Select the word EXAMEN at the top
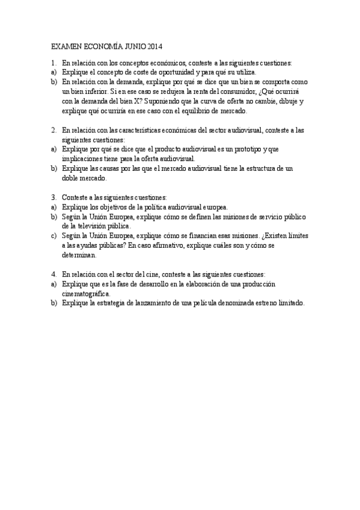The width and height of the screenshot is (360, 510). tap(65, 46)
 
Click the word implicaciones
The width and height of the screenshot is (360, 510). tap(82, 159)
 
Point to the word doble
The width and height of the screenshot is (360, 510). tap(70, 178)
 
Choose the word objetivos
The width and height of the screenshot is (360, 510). tap(108, 207)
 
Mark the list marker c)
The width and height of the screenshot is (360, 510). tap(54, 236)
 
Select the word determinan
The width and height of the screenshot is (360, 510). tap(79, 255)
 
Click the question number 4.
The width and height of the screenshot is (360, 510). tap(53, 274)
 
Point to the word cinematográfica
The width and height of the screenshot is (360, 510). tap(86, 293)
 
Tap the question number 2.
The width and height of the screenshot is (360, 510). tap(53, 130)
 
